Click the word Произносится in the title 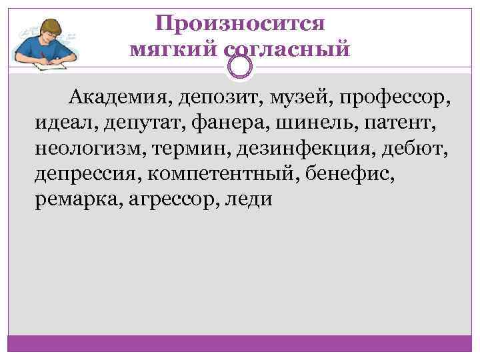point(240,24)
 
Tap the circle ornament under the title point(240,65)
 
